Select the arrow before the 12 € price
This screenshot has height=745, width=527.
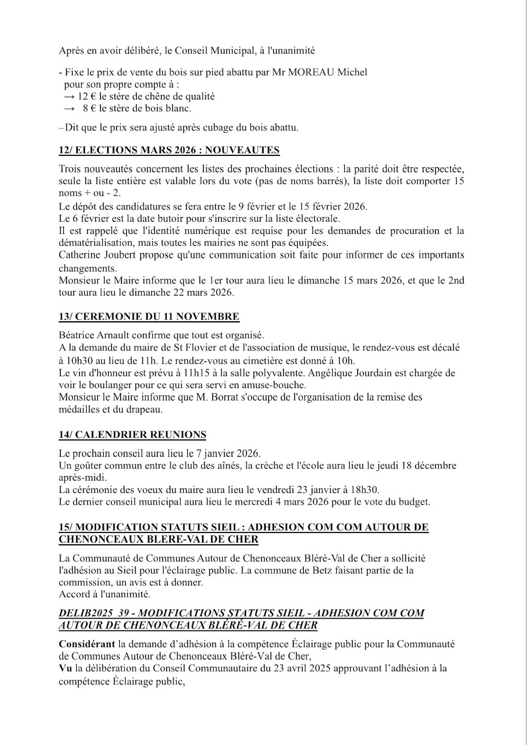[x=69, y=97]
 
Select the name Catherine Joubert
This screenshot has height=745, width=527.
[x=94, y=255]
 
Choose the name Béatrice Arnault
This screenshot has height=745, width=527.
[x=94, y=335]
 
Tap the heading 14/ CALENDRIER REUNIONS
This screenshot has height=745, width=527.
[x=132, y=435]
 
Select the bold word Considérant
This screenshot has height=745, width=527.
[x=87, y=644]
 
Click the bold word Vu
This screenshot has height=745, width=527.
[x=65, y=669]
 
